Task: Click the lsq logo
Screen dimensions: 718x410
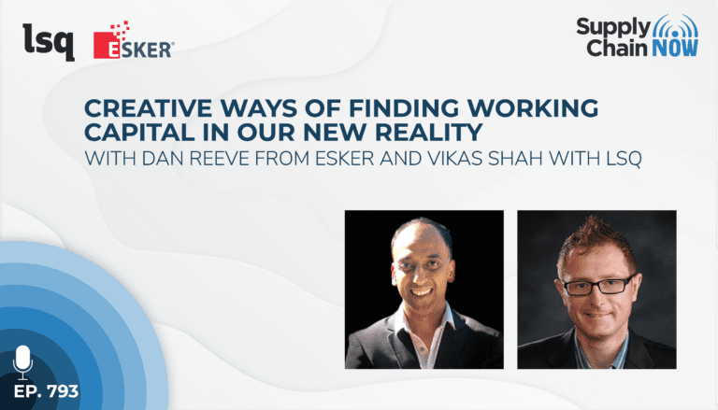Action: (49, 42)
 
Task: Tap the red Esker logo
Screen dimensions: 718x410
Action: (134, 40)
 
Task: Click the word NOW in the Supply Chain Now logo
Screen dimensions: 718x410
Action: (675, 48)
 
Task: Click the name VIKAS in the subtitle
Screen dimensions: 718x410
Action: (454, 159)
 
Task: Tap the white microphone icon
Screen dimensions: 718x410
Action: (22, 362)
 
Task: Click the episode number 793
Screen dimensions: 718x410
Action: (63, 391)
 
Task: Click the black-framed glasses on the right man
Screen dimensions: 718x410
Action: (597, 286)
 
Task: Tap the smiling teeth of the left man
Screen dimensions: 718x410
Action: (422, 291)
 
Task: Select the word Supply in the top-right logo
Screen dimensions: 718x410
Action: (613, 28)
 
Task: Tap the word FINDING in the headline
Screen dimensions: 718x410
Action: (404, 108)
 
